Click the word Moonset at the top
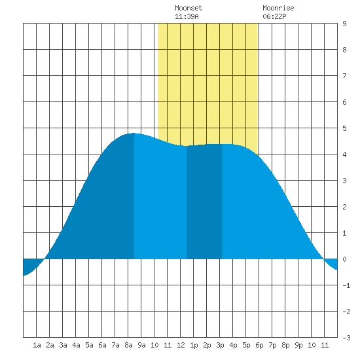[189, 9]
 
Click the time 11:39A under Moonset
[187, 16]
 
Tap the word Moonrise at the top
[278, 9]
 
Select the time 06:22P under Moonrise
[274, 16]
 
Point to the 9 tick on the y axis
[344, 24]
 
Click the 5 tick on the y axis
[344, 128]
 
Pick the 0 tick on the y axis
[344, 259]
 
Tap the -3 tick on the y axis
[346, 338]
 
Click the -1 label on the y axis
[346, 285]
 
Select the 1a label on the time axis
[37, 345]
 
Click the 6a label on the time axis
[102, 345]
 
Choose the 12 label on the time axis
[181, 345]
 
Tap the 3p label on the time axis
[220, 345]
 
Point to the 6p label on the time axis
[259, 345]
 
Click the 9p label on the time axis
[298, 345]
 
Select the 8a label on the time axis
[128, 345]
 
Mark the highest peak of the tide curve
[134, 134]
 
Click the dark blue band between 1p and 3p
[204, 202]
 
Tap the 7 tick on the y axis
[344, 76]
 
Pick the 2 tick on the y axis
[344, 207]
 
